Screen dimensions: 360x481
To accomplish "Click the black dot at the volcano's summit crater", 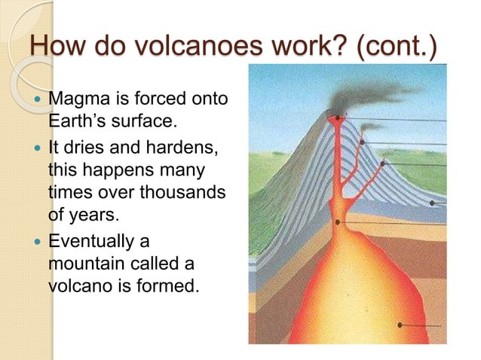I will [339, 118].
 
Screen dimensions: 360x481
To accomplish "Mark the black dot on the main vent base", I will [339, 223].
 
